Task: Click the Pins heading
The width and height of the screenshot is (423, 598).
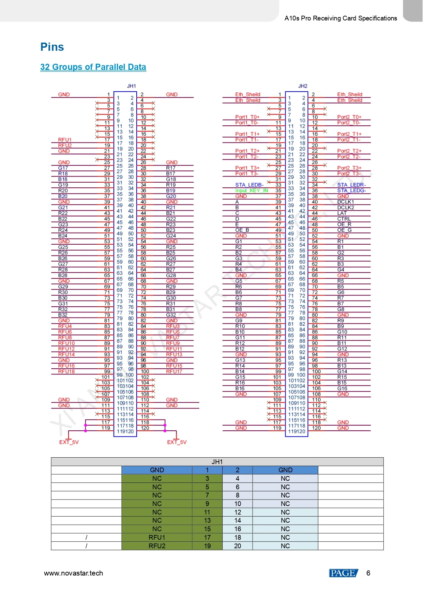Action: [52, 47]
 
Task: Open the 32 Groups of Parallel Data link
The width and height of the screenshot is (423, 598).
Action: [93, 67]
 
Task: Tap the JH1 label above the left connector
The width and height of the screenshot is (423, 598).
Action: [131, 86]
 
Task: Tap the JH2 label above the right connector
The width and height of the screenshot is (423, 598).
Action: [303, 86]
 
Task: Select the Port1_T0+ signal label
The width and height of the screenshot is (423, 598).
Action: [247, 117]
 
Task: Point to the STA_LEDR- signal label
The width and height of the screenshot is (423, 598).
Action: [351, 185]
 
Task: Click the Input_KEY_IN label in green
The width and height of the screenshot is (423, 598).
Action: [252, 191]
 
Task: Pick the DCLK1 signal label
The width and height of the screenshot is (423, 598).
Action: [346, 202]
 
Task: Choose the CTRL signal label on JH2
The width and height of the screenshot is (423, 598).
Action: [344, 219]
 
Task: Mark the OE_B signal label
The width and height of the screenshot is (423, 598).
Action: [242, 230]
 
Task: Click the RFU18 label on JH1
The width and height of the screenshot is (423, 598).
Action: [66, 371]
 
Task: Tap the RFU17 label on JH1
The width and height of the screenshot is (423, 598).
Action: [174, 371]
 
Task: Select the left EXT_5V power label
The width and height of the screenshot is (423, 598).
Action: [69, 442]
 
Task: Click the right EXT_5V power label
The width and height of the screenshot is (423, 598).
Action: [177, 442]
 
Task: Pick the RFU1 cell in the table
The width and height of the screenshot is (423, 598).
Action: [157, 537]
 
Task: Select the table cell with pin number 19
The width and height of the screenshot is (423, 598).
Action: [207, 546]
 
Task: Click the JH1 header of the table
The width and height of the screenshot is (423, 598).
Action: [217, 462]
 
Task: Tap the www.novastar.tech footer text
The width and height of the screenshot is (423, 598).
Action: [73, 573]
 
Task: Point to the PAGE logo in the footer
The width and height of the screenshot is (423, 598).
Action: [343, 573]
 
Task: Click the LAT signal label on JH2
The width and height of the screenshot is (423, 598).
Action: [342, 213]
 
